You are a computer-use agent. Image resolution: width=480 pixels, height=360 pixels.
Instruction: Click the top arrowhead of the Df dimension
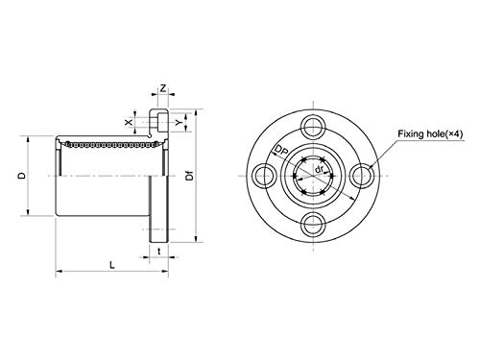tap(197, 110)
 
